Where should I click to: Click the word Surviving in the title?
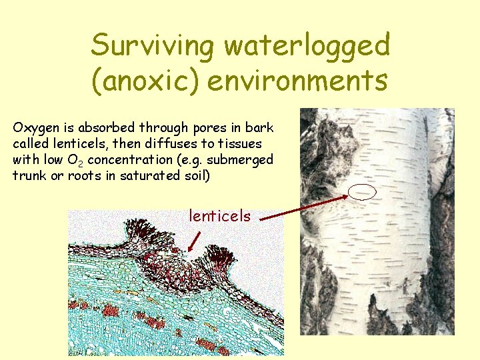(x=153, y=46)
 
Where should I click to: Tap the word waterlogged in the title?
(x=307, y=46)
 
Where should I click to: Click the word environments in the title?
(x=297, y=81)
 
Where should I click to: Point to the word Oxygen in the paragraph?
(x=33, y=127)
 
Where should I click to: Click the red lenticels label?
(x=220, y=216)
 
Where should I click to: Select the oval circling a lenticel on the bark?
(x=363, y=192)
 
